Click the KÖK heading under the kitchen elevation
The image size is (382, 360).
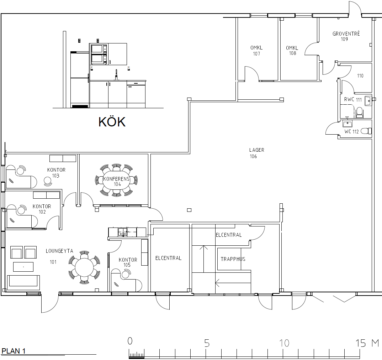112,122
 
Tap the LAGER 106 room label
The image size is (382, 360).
256,153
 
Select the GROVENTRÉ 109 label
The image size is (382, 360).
346,36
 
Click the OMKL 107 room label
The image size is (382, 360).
256,51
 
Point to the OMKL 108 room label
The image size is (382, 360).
292,51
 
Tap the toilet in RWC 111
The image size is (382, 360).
360,113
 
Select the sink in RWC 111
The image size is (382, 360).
368,101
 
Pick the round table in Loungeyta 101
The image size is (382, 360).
84,267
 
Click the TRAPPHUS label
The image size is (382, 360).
233,259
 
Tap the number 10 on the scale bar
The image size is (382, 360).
284,343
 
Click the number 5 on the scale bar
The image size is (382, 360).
207,343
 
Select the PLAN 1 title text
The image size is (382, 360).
14,351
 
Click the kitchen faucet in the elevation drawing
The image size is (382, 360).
116,74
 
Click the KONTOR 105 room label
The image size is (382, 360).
128,262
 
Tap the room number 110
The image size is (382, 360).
360,76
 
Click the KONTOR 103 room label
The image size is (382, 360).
56,173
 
